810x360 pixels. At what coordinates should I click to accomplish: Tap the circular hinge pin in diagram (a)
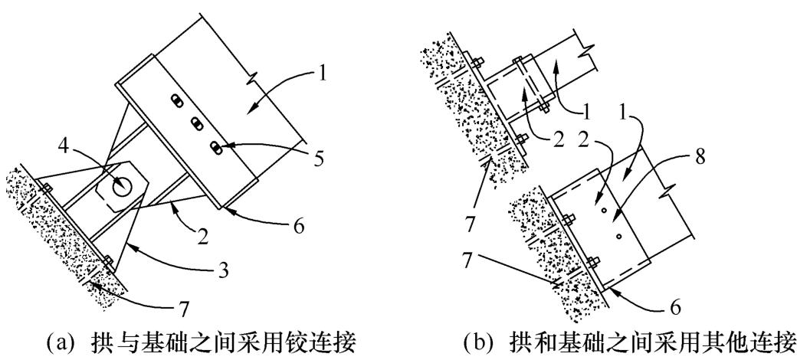click(x=120, y=185)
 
